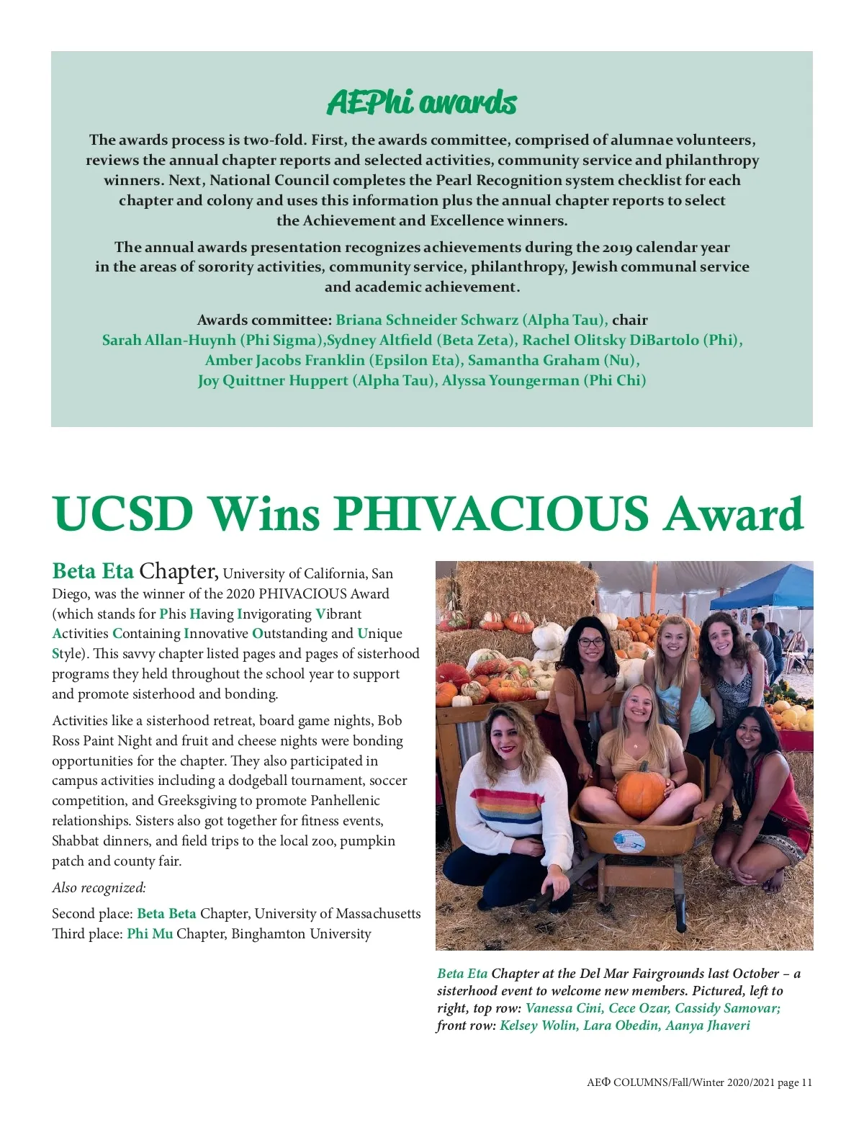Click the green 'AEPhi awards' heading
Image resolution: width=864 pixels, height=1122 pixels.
pyautogui.click(x=422, y=103)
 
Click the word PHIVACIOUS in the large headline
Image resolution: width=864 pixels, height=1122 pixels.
pyautogui.click(x=491, y=513)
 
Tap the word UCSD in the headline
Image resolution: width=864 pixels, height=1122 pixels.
pyautogui.click(x=123, y=513)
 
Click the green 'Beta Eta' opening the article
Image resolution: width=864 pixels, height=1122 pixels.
pyautogui.click(x=93, y=572)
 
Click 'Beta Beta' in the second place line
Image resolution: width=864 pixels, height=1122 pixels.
pyautogui.click(x=166, y=913)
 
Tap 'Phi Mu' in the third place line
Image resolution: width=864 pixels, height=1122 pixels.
pyautogui.click(x=150, y=933)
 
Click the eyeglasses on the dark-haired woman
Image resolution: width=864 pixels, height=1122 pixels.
pyautogui.click(x=590, y=642)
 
